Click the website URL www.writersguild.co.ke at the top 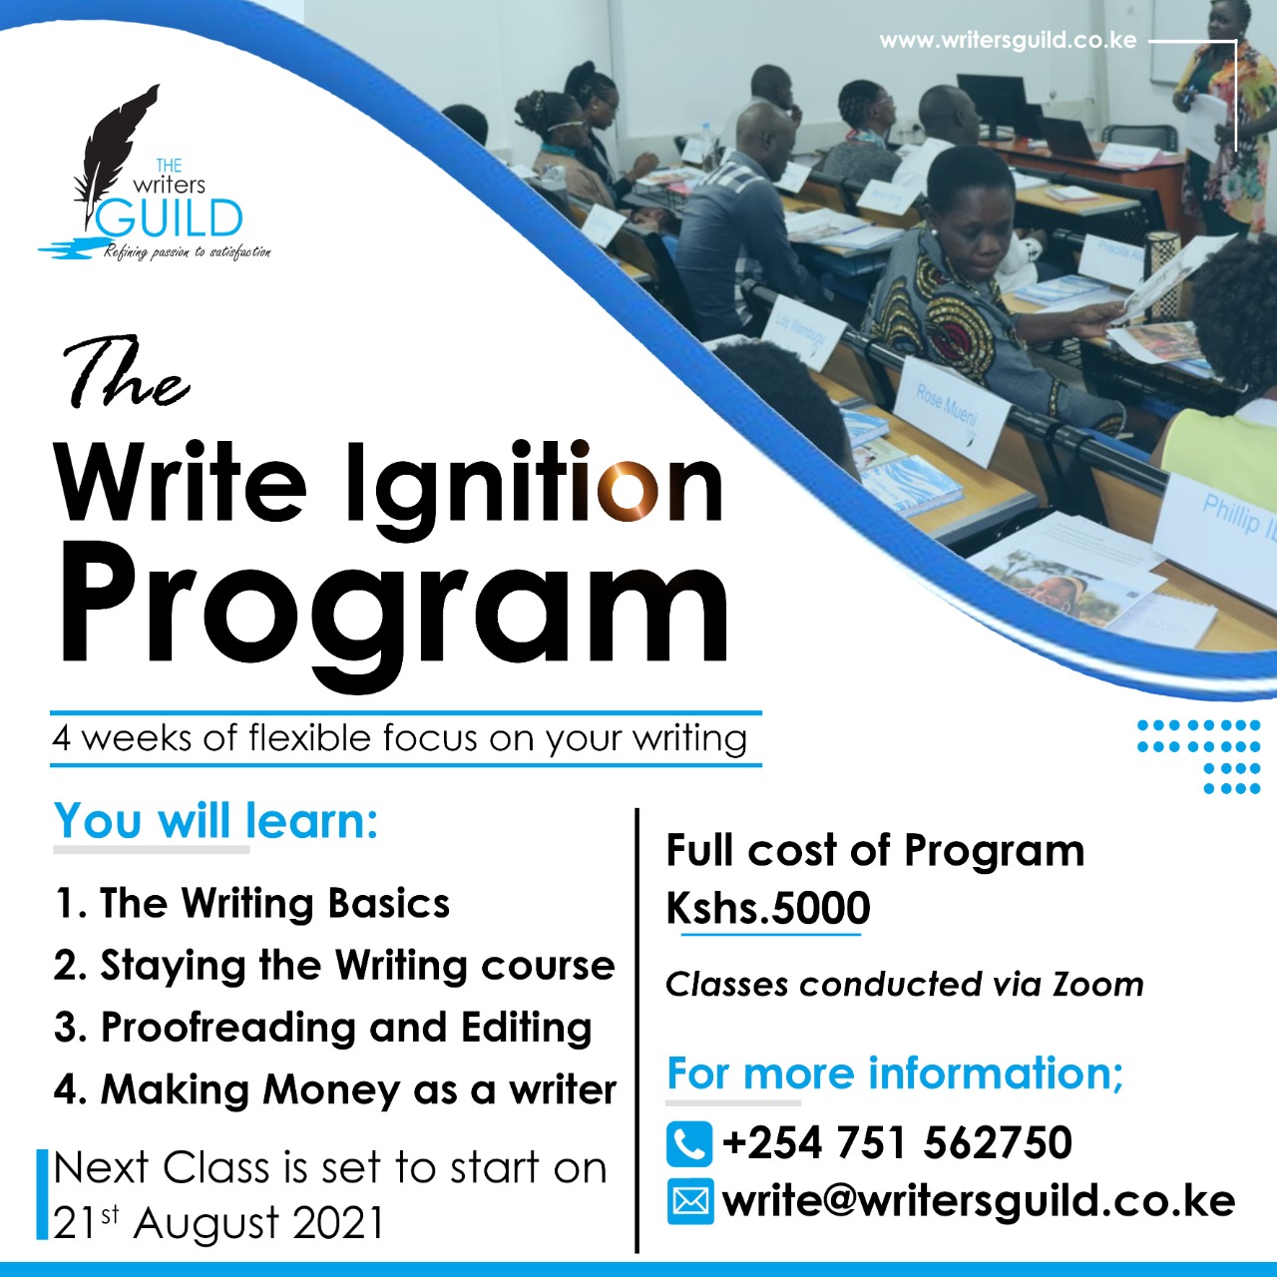coord(1008,41)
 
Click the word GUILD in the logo coord(170,218)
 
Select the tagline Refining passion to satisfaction coord(187,252)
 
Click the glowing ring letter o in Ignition coord(628,490)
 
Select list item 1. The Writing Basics coord(251,903)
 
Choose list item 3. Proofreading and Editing coord(323,1028)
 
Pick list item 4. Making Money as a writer coord(335,1089)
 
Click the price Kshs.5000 coord(768,907)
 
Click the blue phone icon coord(689,1143)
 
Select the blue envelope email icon coord(689,1201)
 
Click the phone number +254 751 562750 coord(897,1142)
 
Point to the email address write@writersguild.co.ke coord(979,1201)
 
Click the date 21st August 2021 coord(218,1221)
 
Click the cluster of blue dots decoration coord(1199,756)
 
